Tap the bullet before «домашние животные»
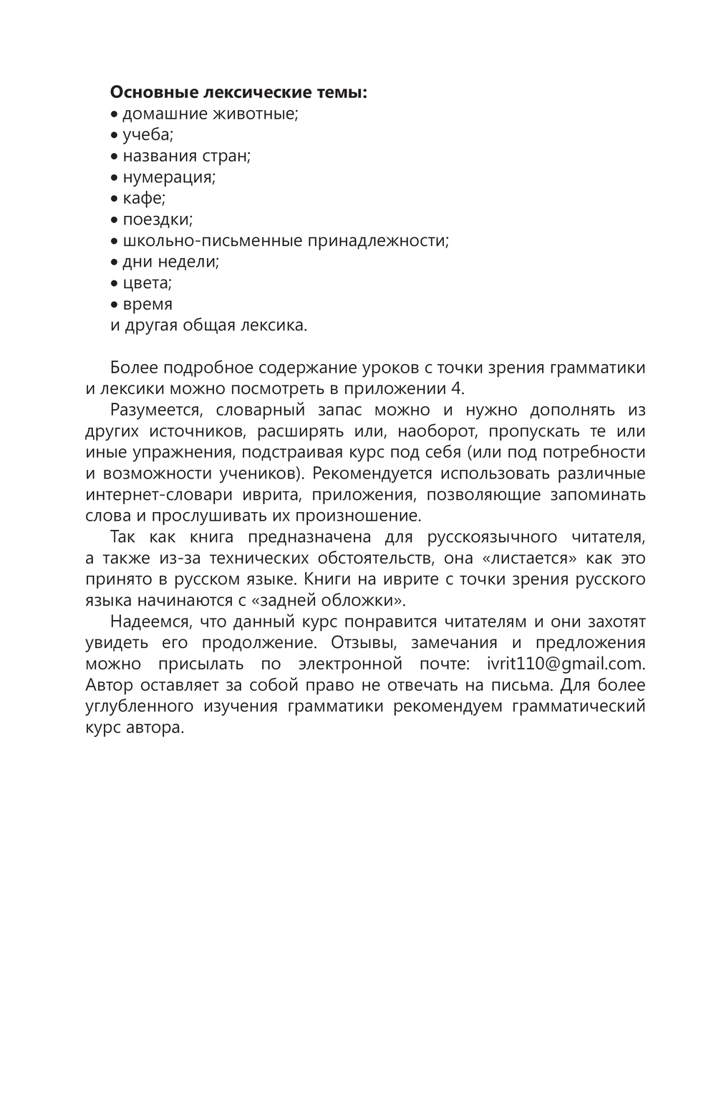click(x=115, y=114)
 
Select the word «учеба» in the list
click(x=147, y=135)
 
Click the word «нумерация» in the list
click(x=169, y=177)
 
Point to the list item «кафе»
click(x=143, y=198)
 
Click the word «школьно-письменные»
click(x=213, y=241)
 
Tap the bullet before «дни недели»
click(x=115, y=262)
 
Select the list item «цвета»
click(x=147, y=283)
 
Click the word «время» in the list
click(x=147, y=305)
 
